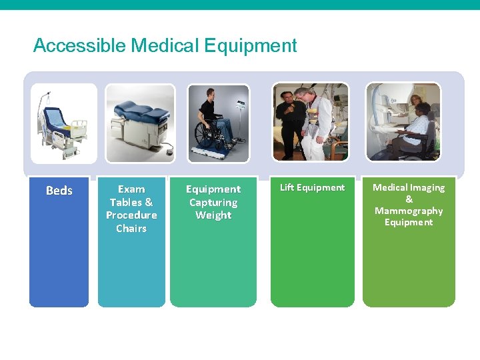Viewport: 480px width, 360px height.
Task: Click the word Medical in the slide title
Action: pos(165,46)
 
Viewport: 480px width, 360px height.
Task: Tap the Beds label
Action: pos(59,191)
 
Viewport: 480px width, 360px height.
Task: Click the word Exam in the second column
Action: pos(131,189)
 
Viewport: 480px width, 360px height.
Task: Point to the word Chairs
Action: pos(131,228)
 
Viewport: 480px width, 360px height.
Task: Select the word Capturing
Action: pos(213,203)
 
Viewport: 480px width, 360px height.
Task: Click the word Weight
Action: pos(213,215)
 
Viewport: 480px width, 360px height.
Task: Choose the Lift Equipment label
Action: pos(312,187)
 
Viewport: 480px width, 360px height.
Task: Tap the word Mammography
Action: pos(409,211)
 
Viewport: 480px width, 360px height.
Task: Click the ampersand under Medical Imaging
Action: pos(409,199)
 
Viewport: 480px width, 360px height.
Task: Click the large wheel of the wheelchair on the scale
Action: pos(207,137)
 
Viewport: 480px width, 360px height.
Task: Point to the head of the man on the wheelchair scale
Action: pos(207,93)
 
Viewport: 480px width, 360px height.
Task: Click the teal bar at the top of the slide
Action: pos(240,5)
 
